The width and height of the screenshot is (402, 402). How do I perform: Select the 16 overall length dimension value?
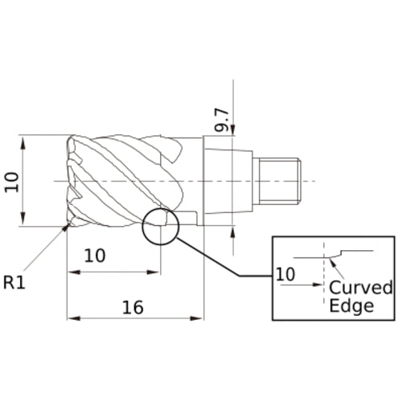point(133,306)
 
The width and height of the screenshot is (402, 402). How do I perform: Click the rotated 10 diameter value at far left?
point(11,181)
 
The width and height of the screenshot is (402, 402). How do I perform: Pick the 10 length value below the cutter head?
point(95,256)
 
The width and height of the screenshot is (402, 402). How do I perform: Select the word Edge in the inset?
point(351,306)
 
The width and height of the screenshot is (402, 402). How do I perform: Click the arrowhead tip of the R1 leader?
point(66,228)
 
